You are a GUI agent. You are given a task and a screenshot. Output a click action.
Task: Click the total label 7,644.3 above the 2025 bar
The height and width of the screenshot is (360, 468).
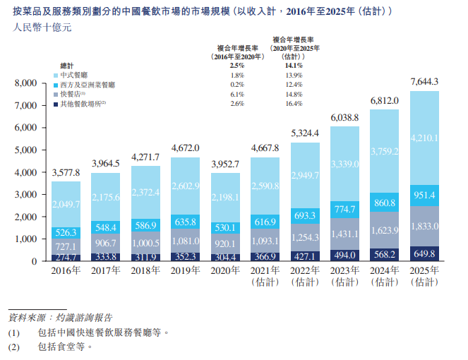pyautogui.click(x=424, y=82)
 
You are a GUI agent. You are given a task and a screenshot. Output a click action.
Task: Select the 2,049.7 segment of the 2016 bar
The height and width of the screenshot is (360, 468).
pyautogui.click(x=66, y=204)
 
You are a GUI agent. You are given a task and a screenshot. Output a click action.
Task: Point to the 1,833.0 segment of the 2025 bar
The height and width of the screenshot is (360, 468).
pyautogui.click(x=424, y=225)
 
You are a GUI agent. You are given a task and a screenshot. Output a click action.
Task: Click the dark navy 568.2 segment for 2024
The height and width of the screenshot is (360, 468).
pyautogui.click(x=384, y=254)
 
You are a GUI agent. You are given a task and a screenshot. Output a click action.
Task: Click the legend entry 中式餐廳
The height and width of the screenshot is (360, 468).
pyautogui.click(x=74, y=74)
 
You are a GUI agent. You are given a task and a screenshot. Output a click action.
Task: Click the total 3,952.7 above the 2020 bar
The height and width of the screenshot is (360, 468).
pyautogui.click(x=225, y=164)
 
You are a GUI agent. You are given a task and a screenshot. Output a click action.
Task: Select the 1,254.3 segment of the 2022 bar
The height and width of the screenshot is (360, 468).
pyautogui.click(x=305, y=236)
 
